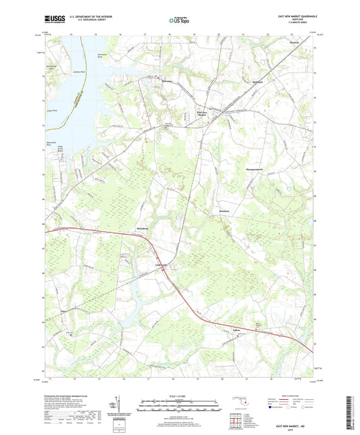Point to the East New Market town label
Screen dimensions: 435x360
[x=202, y=113]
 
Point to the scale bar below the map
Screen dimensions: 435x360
[x=178, y=405]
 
